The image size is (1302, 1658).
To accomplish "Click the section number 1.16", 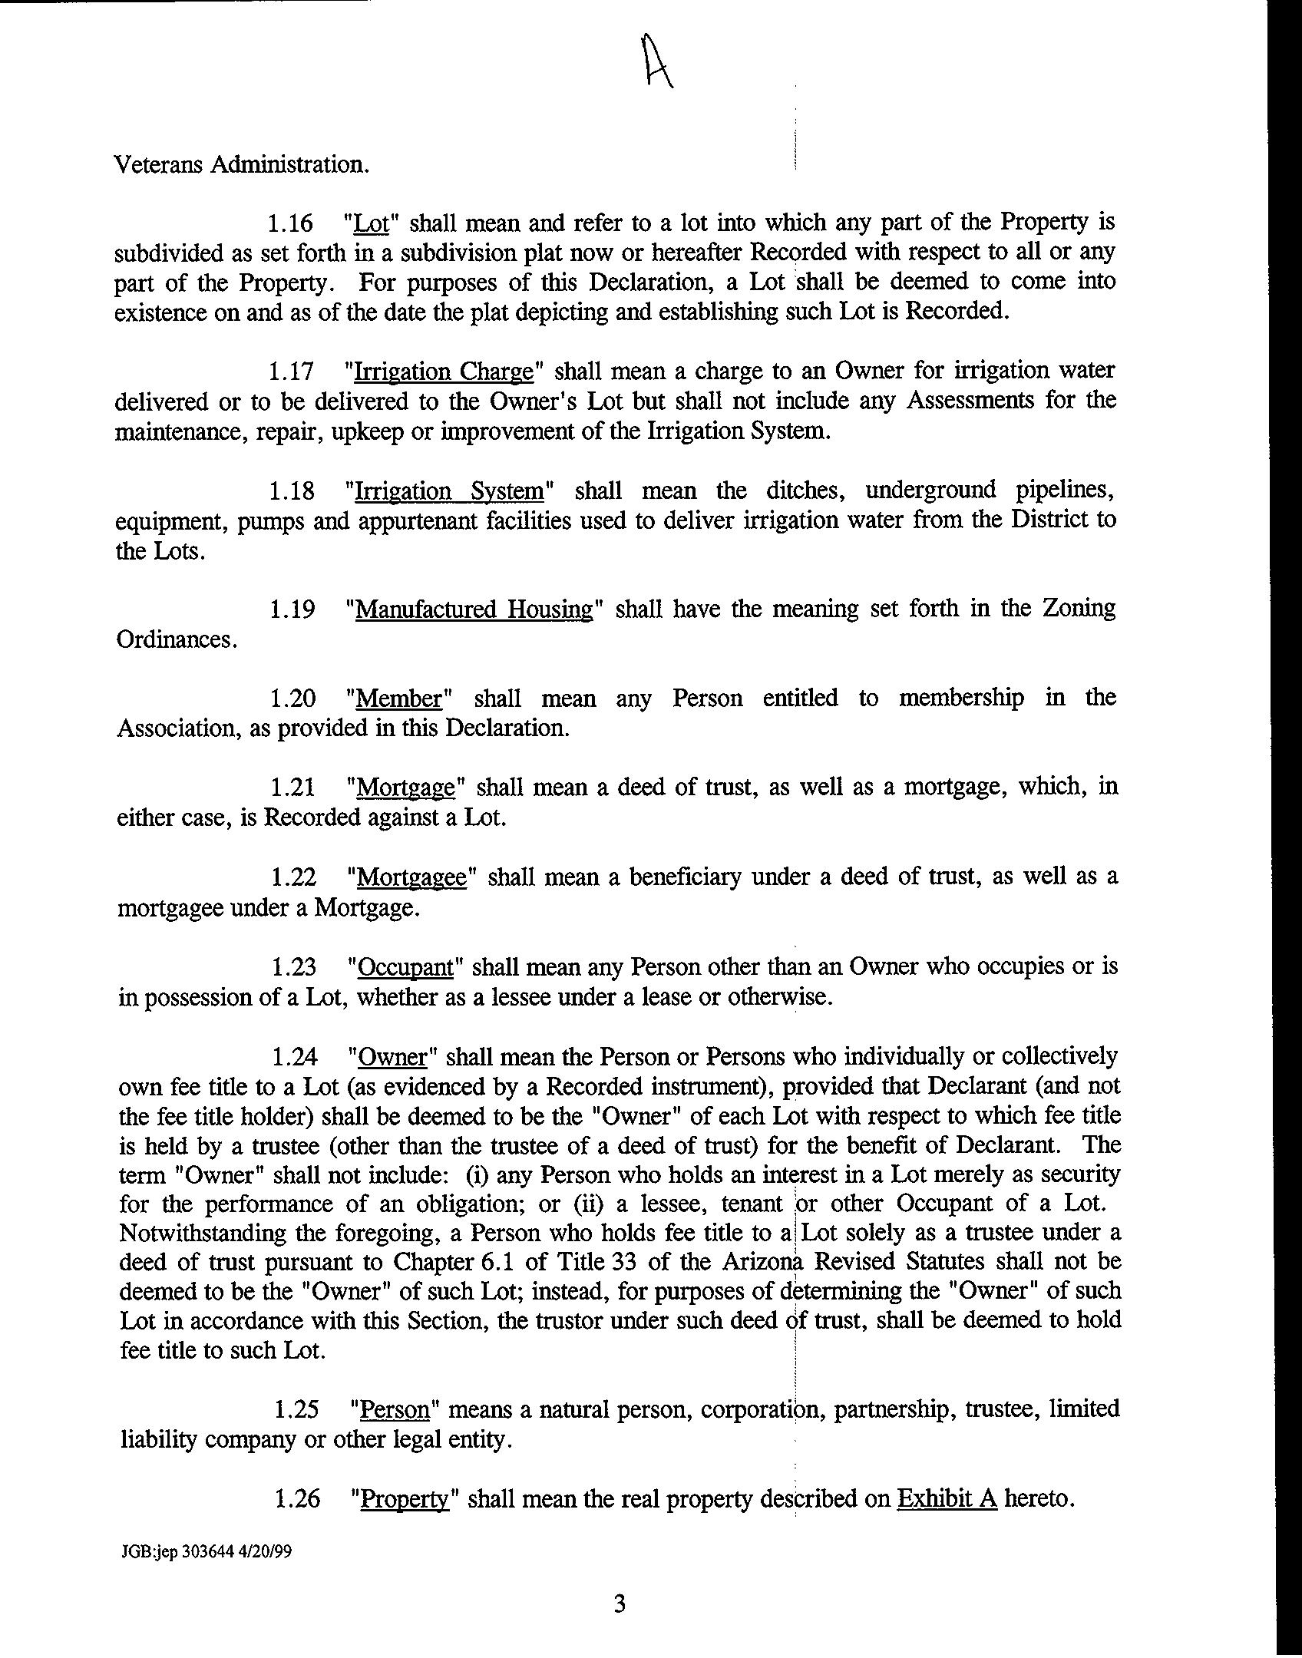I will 290,224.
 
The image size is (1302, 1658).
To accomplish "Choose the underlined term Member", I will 399,699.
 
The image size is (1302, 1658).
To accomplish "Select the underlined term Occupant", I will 406,967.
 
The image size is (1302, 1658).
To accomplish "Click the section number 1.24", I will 294,1058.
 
